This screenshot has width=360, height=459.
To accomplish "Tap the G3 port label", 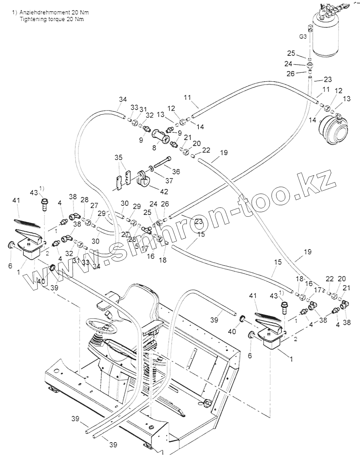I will click(x=303, y=36).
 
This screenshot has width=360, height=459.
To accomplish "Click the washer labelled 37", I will click(x=151, y=169).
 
